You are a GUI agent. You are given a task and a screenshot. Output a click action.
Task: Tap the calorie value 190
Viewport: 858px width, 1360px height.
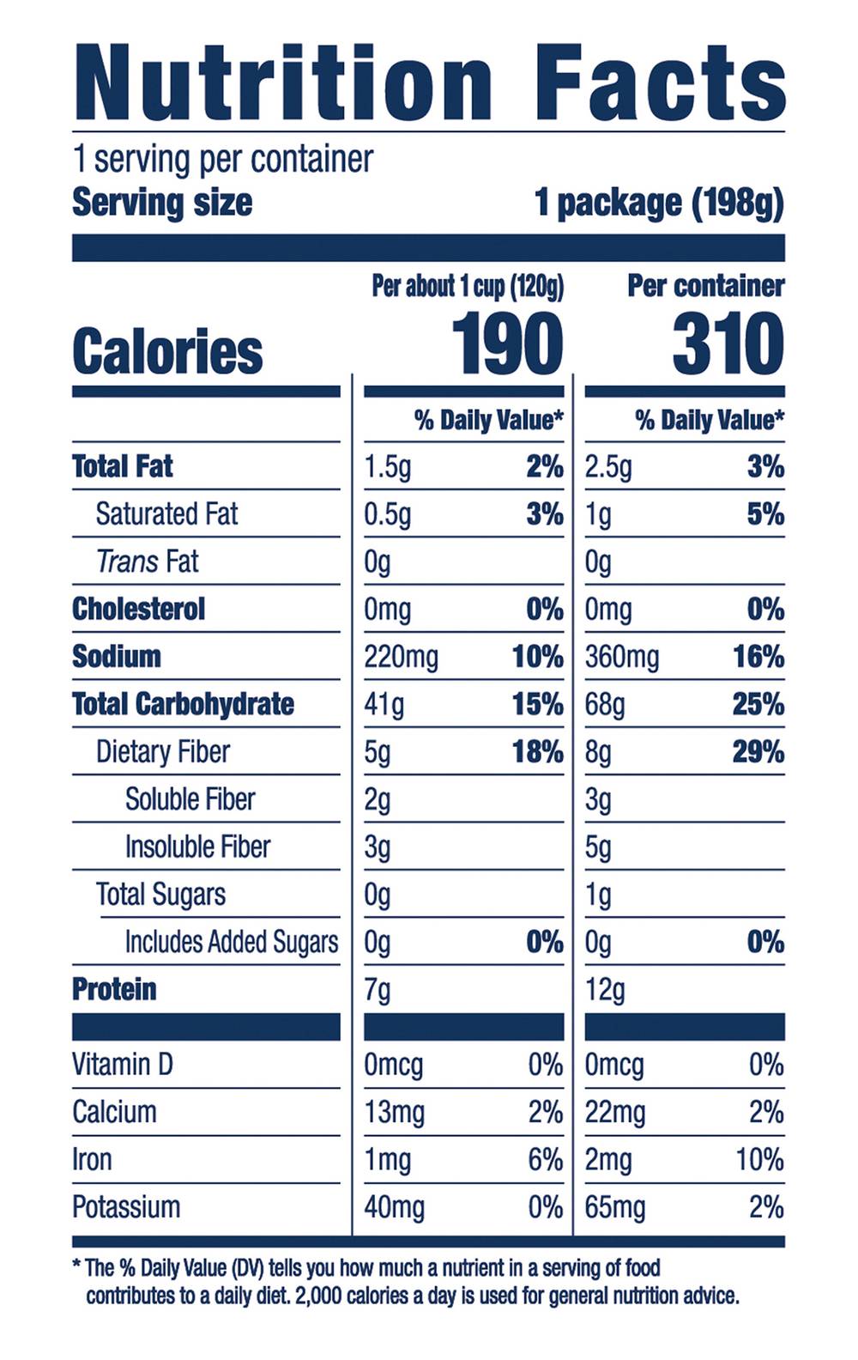pyautogui.click(x=507, y=344)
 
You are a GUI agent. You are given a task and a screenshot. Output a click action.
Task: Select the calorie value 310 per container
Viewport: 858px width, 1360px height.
pyautogui.click(x=728, y=344)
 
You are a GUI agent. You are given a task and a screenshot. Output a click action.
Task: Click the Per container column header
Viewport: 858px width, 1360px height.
pyautogui.click(x=705, y=286)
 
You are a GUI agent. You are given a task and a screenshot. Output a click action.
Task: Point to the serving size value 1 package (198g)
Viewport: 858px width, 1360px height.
pyautogui.click(x=659, y=203)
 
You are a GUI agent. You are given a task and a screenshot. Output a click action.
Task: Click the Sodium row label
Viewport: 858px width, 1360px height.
pyautogui.click(x=117, y=657)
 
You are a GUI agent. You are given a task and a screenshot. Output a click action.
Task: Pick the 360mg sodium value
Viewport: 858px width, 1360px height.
pyautogui.click(x=622, y=658)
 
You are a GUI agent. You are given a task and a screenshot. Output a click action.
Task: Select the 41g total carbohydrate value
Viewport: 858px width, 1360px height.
pyautogui.click(x=384, y=705)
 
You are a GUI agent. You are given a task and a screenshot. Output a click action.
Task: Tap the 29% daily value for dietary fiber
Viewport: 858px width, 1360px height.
pyautogui.click(x=758, y=752)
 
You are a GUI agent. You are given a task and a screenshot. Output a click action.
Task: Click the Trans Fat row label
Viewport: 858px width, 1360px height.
pyautogui.click(x=147, y=562)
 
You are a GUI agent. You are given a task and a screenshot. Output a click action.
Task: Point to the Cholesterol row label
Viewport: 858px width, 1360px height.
pyautogui.click(x=139, y=610)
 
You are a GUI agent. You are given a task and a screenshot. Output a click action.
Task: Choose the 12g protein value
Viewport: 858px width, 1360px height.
pyautogui.click(x=605, y=990)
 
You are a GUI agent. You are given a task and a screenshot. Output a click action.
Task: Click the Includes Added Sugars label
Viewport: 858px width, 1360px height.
pyautogui.click(x=232, y=942)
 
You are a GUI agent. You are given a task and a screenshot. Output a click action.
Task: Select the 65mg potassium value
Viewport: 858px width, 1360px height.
pyautogui.click(x=615, y=1207)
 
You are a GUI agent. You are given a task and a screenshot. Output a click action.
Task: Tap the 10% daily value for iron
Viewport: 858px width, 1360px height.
pyautogui.click(x=759, y=1160)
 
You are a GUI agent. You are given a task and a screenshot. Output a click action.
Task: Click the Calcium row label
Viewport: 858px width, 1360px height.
pyautogui.click(x=114, y=1112)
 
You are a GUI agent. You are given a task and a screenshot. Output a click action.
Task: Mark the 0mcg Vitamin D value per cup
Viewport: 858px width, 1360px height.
pyautogui.click(x=393, y=1065)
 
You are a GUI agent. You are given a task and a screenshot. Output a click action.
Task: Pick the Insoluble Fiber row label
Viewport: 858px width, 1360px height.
pyautogui.click(x=197, y=847)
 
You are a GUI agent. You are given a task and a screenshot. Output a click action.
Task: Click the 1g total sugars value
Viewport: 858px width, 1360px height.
pyautogui.click(x=598, y=895)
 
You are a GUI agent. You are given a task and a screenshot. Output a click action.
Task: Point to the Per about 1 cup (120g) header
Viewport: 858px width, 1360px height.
pyautogui.click(x=468, y=286)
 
